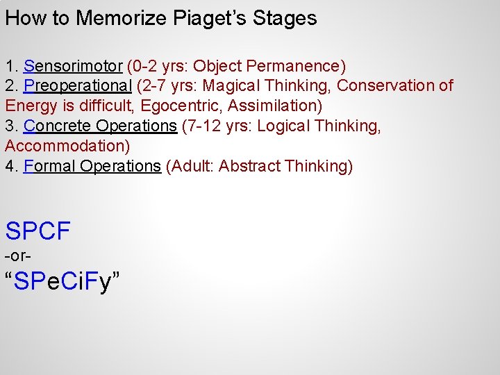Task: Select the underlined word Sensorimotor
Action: (73, 67)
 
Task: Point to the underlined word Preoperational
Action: (78, 86)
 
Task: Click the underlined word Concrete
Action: (58, 126)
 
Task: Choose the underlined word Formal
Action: (50, 167)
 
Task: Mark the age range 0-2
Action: (144, 67)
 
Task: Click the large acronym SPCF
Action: (38, 231)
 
